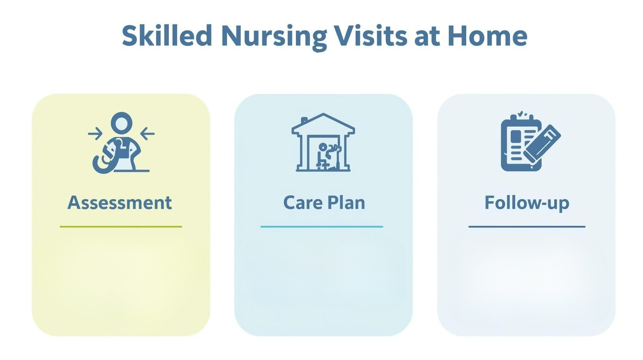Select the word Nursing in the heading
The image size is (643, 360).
pyautogui.click(x=274, y=36)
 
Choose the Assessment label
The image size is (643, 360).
pyautogui.click(x=120, y=202)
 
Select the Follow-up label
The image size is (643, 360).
pyautogui.click(x=526, y=202)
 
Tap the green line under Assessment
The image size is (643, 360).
pyautogui.click(x=121, y=227)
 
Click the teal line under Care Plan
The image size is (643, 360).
pyautogui.click(x=321, y=227)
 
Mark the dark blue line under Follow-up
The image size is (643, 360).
pyautogui.click(x=526, y=227)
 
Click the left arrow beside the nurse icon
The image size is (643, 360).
pyautogui.click(x=95, y=133)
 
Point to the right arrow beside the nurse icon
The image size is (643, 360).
pyautogui.click(x=147, y=133)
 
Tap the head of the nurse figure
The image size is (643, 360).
pyautogui.click(x=121, y=122)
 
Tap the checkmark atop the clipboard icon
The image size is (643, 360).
pyautogui.click(x=521, y=114)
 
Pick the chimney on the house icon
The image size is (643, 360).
pyautogui.click(x=304, y=120)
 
